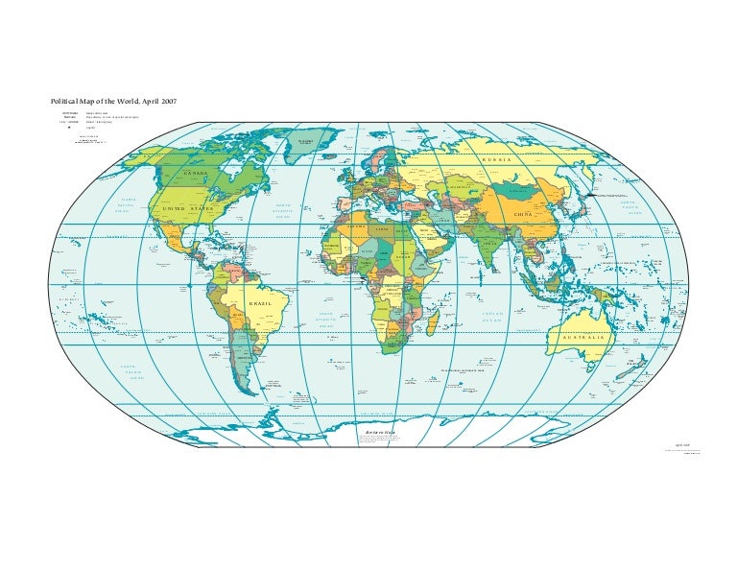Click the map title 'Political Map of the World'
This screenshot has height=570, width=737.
coord(106,101)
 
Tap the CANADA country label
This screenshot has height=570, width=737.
coord(195,173)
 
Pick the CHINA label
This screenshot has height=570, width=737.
coord(524,213)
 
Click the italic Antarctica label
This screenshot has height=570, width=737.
coord(379,433)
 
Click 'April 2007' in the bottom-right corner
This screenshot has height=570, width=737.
coord(682,445)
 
